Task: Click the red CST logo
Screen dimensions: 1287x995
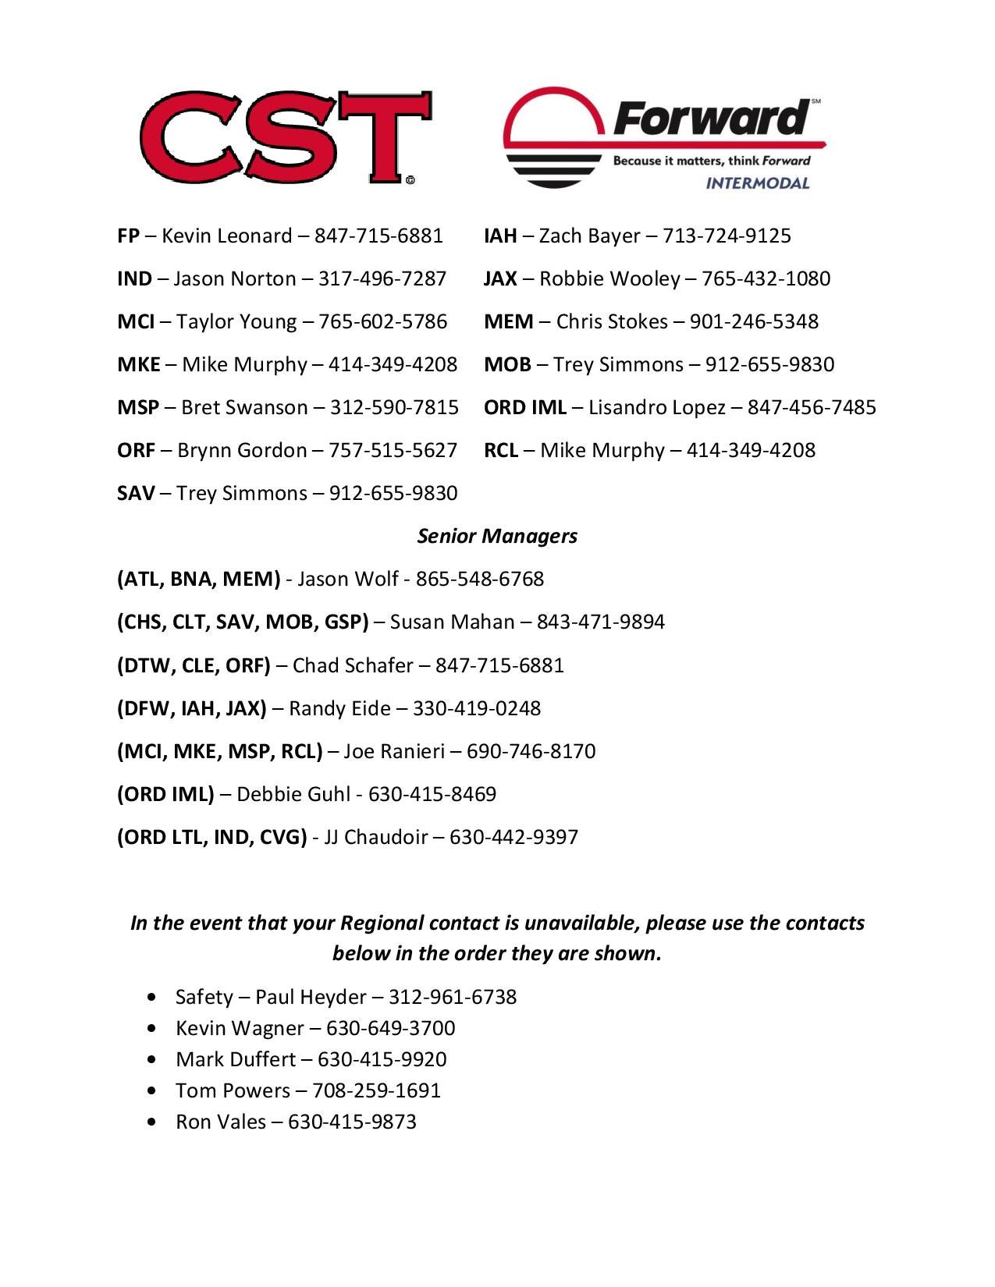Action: coord(286,137)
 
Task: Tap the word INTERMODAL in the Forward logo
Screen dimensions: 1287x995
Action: coord(757,183)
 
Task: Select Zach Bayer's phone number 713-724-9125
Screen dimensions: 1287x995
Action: coord(727,236)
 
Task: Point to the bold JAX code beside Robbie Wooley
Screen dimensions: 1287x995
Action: coord(500,278)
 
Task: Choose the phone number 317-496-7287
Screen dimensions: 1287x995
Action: coord(382,278)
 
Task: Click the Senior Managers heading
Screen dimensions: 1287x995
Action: coord(497,536)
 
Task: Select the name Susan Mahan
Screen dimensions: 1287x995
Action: coord(452,622)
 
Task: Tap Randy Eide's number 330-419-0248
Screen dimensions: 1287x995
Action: coord(476,708)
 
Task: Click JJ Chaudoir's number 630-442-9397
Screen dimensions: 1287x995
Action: coord(513,837)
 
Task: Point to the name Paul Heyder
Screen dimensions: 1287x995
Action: coord(311,997)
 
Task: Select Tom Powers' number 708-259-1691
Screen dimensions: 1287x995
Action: coord(376,1090)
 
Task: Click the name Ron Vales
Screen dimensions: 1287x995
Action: coord(221,1122)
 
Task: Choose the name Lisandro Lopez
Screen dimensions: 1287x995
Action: coord(657,407)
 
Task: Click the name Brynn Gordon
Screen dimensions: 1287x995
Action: coord(242,450)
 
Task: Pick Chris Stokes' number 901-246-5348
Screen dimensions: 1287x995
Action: coord(754,321)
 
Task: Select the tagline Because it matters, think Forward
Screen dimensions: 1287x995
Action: coord(711,161)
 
